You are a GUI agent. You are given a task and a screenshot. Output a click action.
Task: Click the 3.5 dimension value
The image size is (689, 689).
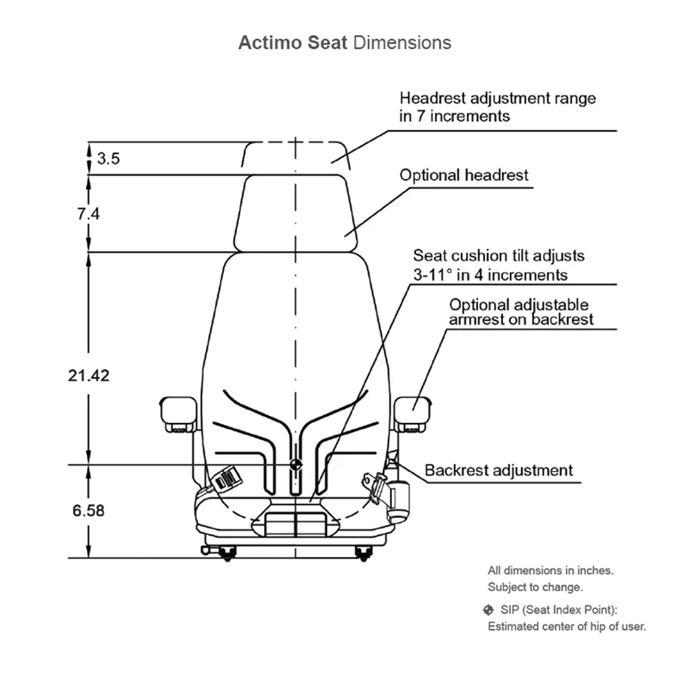(x=108, y=158)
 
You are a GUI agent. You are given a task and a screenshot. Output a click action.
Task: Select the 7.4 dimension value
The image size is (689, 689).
(x=89, y=214)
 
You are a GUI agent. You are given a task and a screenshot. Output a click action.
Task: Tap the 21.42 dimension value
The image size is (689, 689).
(x=88, y=376)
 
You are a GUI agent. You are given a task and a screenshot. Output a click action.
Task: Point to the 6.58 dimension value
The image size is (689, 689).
(x=88, y=511)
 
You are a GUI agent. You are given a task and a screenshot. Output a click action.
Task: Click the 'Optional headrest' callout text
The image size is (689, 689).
(x=464, y=175)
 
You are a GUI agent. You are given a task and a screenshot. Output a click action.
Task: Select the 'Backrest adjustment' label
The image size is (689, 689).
(x=498, y=471)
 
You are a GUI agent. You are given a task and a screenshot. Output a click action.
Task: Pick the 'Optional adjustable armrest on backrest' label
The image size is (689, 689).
(x=521, y=311)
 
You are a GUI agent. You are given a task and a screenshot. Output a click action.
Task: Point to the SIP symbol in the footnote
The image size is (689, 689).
(x=489, y=610)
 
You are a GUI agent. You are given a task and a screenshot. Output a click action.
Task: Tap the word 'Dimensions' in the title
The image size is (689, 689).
(x=402, y=43)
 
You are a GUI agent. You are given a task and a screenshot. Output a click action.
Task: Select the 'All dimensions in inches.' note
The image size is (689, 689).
(x=550, y=570)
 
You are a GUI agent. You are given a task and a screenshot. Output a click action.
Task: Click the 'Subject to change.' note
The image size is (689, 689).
(x=535, y=587)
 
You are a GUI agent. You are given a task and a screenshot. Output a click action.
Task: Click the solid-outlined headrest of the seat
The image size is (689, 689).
(x=296, y=214)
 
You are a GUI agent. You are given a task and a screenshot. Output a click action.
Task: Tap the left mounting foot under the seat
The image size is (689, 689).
(x=227, y=553)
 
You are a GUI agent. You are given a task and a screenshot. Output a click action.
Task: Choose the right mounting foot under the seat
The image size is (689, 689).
(x=363, y=553)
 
